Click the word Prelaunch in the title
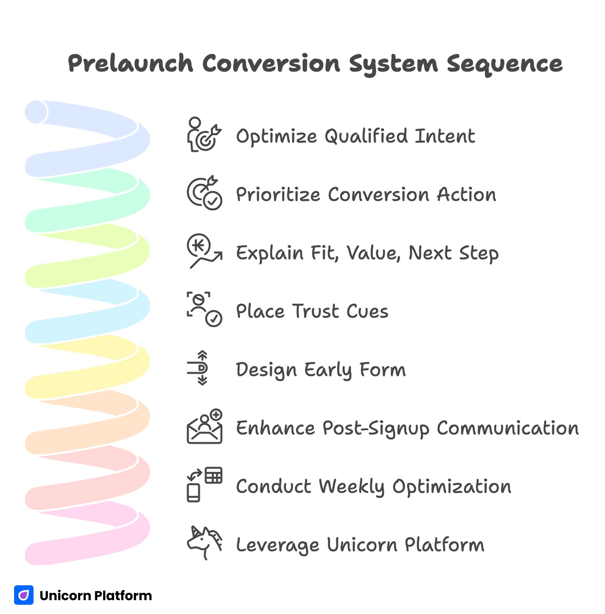tap(131, 63)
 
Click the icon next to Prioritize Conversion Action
tap(204, 193)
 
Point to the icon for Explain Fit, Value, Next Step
tap(204, 251)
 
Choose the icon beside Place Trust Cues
tap(204, 309)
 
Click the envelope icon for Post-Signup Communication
tap(204, 426)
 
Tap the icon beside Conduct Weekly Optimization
tap(204, 484)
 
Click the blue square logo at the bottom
tap(24, 595)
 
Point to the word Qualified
tap(366, 136)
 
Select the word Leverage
tap(277, 545)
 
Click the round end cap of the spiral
tap(36, 112)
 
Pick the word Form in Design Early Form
tap(383, 369)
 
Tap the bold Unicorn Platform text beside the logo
tap(95, 596)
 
